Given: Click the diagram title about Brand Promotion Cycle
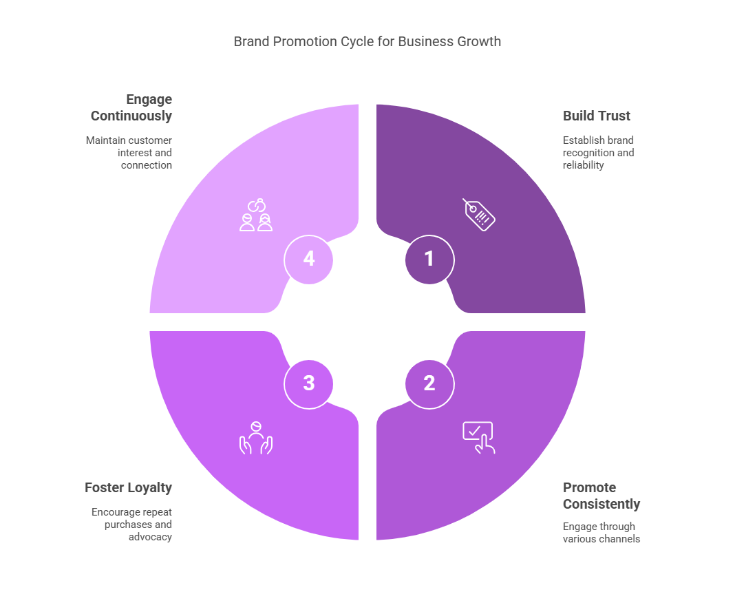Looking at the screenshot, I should point(367,41).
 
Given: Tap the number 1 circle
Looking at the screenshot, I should point(429,260).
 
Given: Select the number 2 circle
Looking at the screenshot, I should point(429,383).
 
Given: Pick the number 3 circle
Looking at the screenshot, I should point(308,383).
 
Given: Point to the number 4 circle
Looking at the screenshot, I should point(308,260).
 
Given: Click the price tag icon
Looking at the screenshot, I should point(479,214).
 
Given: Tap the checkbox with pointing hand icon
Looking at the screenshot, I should point(478,437).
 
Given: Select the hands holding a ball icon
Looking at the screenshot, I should point(255,438).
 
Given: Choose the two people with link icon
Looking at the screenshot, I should point(256,215).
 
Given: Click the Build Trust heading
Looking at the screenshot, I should point(597,116).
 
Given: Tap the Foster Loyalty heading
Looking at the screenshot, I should point(128,487).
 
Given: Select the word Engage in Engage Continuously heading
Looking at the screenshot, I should point(149,99).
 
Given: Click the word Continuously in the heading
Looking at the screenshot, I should point(131,116).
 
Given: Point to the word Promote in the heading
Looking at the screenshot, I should point(589,487).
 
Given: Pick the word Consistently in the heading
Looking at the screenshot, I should point(601,504).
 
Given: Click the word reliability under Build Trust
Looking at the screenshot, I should point(583,165).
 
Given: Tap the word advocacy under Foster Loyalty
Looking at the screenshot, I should point(150,537).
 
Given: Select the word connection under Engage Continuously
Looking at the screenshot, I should point(147,165).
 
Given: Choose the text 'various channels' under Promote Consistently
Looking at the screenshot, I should point(601,539).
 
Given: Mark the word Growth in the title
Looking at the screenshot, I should point(479,41).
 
